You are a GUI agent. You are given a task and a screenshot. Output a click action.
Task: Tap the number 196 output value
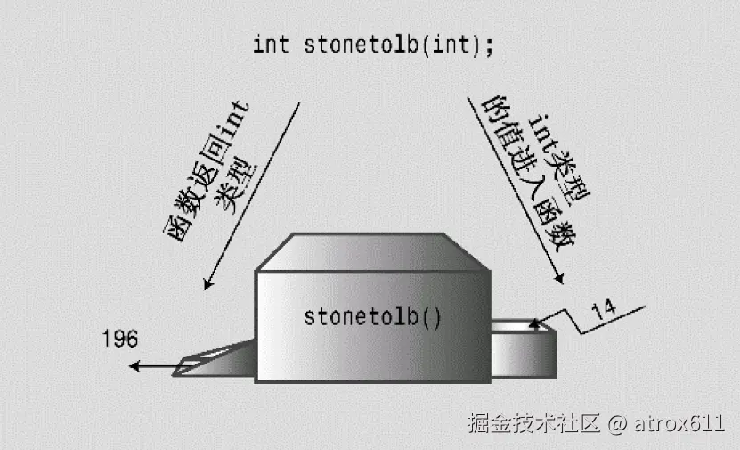120,339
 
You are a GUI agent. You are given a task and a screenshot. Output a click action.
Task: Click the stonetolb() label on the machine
372,316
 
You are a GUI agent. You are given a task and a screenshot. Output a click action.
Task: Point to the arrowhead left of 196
134,365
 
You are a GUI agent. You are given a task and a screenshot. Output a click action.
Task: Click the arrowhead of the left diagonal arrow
207,284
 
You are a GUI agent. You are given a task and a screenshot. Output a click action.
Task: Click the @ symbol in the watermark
618,422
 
